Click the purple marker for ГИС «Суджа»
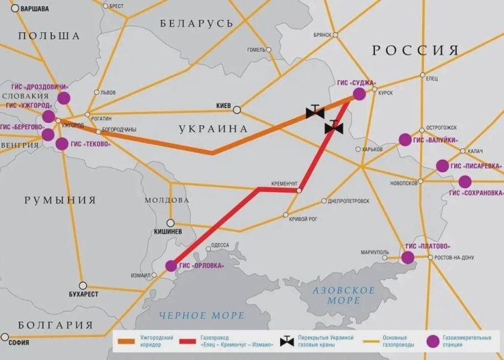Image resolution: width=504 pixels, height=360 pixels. [360, 95]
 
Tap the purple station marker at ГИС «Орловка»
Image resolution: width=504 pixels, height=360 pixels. [171, 266]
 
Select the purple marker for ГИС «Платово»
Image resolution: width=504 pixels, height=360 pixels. [408, 257]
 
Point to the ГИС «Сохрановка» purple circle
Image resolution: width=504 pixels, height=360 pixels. [464, 181]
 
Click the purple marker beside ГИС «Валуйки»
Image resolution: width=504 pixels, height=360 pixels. [405, 140]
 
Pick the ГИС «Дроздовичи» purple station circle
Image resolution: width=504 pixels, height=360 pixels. [64, 98]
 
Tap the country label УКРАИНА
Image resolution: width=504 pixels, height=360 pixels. [213, 128]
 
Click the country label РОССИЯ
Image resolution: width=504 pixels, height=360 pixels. [415, 50]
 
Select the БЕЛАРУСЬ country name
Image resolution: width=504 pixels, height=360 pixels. [197, 24]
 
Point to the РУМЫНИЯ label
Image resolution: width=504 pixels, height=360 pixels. [60, 200]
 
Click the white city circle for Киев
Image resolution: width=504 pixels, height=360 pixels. [237, 109]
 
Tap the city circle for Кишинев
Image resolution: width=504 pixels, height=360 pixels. [171, 222]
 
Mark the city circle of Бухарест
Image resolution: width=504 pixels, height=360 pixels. [83, 285]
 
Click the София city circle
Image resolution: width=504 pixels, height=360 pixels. [5, 336]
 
